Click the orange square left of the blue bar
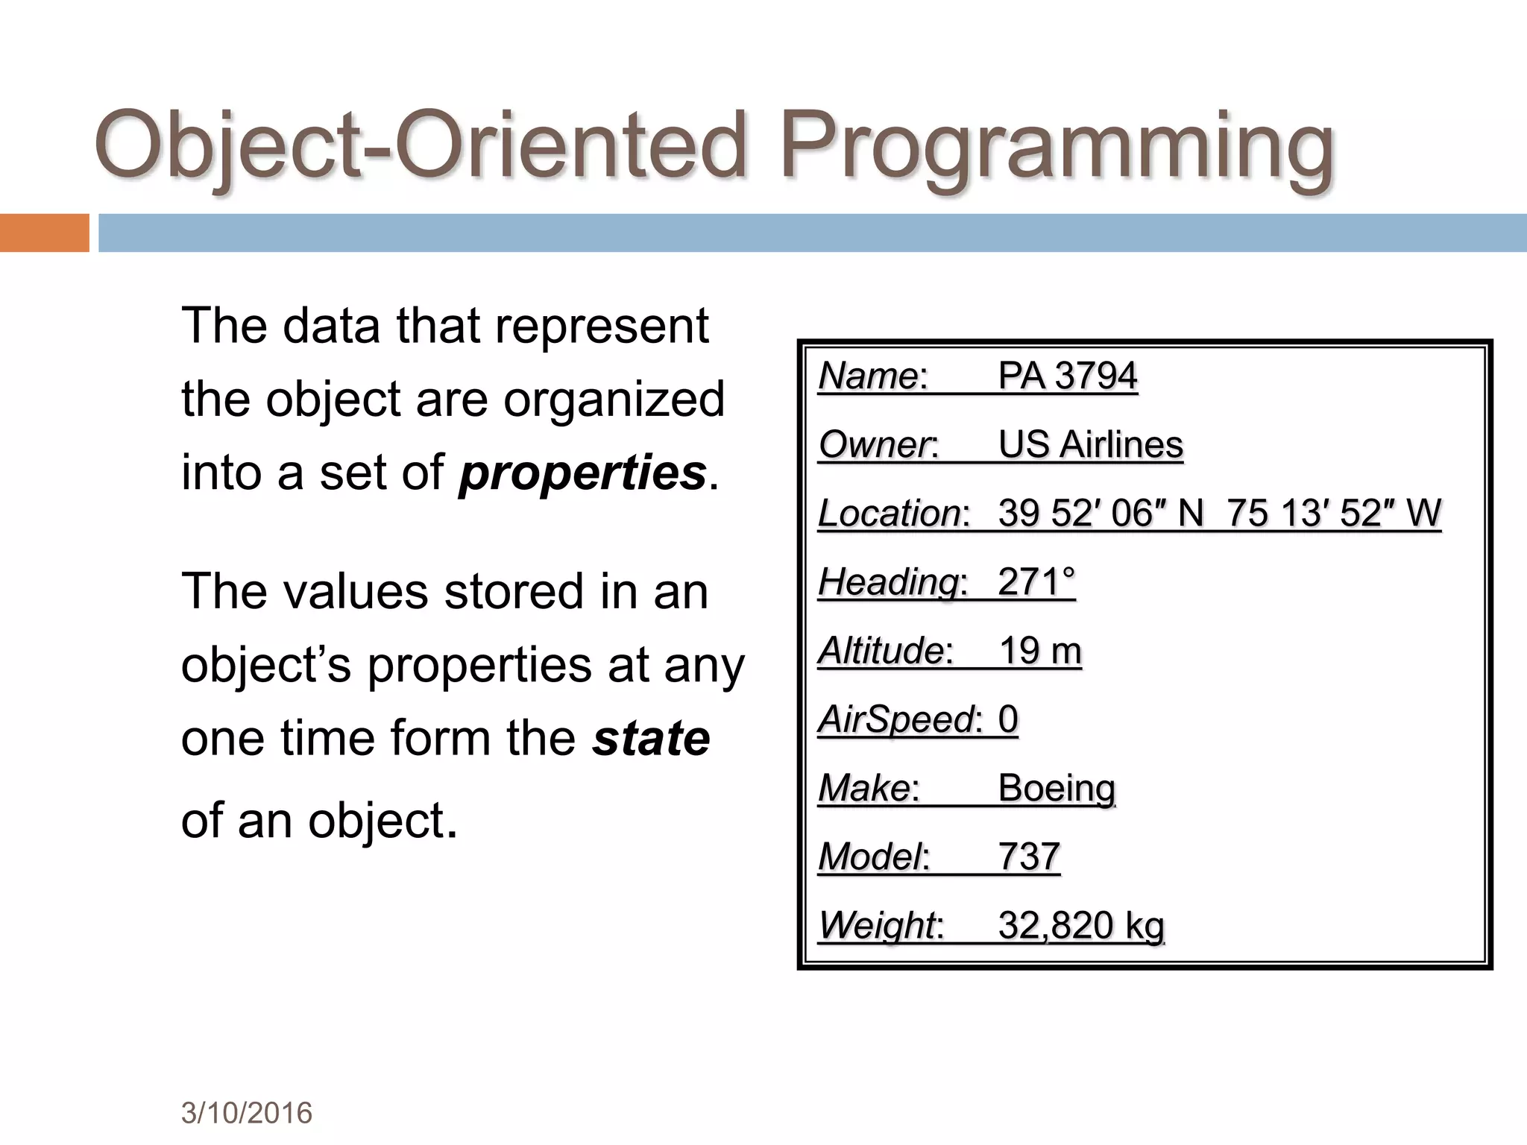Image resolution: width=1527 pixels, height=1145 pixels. (x=44, y=233)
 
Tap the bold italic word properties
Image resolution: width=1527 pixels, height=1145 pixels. (x=582, y=473)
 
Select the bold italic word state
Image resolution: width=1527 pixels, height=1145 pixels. (x=650, y=738)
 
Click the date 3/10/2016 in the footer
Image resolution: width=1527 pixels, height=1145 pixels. (x=246, y=1113)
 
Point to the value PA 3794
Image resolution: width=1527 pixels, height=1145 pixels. (x=1067, y=375)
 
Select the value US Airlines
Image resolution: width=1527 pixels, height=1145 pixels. (x=1090, y=444)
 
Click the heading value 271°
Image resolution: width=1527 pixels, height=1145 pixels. (x=1036, y=581)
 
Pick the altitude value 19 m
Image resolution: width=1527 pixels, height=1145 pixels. (x=1039, y=650)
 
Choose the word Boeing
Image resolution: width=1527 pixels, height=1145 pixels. (x=1057, y=788)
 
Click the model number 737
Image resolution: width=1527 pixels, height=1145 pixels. (x=1028, y=857)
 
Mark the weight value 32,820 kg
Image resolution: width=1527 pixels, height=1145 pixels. (x=1080, y=925)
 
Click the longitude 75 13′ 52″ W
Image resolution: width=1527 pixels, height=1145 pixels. (x=1334, y=513)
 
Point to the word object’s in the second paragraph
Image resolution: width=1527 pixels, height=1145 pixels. (x=266, y=665)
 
